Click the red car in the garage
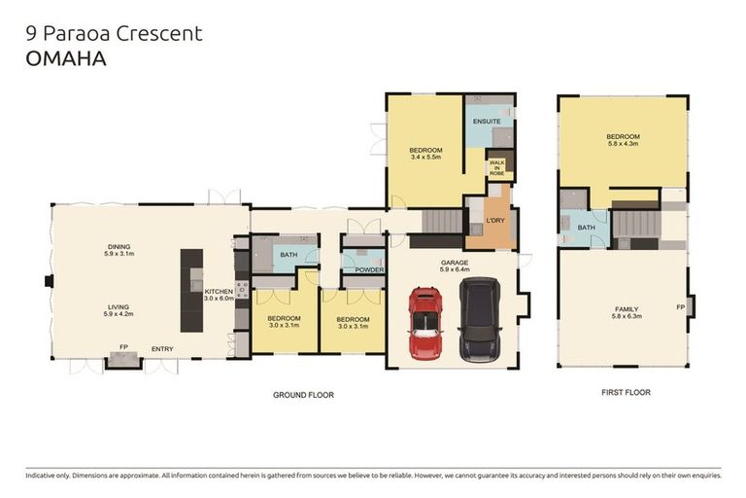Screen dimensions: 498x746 (x=424, y=322)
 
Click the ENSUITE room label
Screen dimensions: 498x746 (x=487, y=122)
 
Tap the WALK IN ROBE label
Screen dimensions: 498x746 (x=496, y=166)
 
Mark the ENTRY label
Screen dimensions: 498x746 (x=161, y=348)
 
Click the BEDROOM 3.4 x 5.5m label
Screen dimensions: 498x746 (x=425, y=153)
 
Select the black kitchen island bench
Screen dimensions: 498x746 (x=191, y=291)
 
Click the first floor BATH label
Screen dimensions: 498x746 (x=586, y=228)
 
